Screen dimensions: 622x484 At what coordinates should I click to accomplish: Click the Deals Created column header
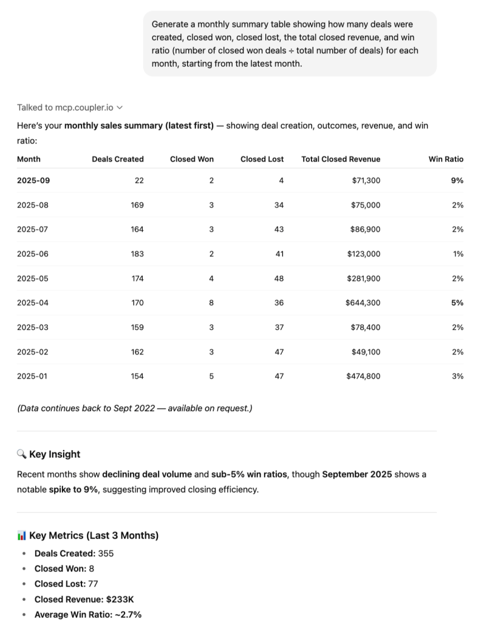118,159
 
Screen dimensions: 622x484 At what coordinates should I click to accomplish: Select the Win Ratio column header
446,159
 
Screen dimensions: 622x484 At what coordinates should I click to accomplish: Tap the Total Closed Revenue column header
341,159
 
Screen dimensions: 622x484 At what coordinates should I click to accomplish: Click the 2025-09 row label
33,180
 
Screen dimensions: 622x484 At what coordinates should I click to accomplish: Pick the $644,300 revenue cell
363,302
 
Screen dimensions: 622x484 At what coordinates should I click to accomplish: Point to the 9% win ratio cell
457,180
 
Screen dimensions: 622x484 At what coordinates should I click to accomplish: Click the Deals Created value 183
137,254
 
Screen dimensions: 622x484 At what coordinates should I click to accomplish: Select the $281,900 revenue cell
364,278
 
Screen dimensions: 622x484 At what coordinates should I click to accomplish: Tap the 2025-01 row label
32,376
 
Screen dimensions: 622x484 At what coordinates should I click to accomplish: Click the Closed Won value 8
211,302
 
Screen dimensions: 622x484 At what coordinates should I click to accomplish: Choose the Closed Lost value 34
279,205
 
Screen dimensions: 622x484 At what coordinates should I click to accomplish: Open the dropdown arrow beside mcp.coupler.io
120,108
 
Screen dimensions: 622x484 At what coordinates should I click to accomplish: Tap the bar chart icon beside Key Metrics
21,535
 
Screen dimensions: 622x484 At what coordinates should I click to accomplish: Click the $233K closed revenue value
121,600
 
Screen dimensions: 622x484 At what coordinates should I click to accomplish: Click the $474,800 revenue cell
363,376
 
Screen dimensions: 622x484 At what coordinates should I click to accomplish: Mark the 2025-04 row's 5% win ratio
457,302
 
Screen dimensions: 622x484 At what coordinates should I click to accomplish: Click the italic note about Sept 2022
134,408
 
